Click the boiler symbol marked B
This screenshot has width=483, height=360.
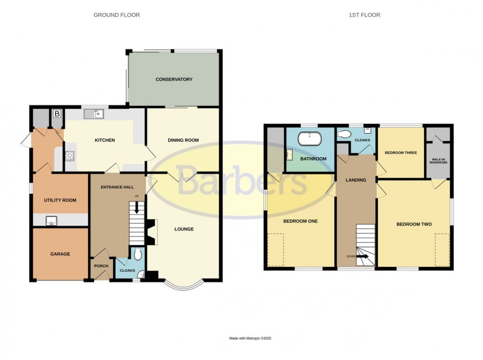(57, 114)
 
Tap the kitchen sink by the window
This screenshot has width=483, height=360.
(94, 114)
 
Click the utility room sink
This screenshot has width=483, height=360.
(52, 220)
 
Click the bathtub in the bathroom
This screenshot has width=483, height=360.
(309, 139)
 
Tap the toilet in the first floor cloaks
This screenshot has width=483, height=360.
(344, 134)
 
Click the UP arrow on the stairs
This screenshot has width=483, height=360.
(137, 207)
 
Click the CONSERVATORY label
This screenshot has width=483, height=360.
(174, 80)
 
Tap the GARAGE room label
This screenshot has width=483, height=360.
(60, 254)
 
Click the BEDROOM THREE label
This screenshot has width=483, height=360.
(401, 153)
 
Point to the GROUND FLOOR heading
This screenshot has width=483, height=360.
(116, 15)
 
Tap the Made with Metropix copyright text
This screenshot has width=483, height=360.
(250, 338)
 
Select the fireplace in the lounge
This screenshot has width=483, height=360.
(151, 232)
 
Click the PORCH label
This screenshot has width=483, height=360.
(101, 266)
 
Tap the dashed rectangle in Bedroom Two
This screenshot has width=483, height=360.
(442, 250)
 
